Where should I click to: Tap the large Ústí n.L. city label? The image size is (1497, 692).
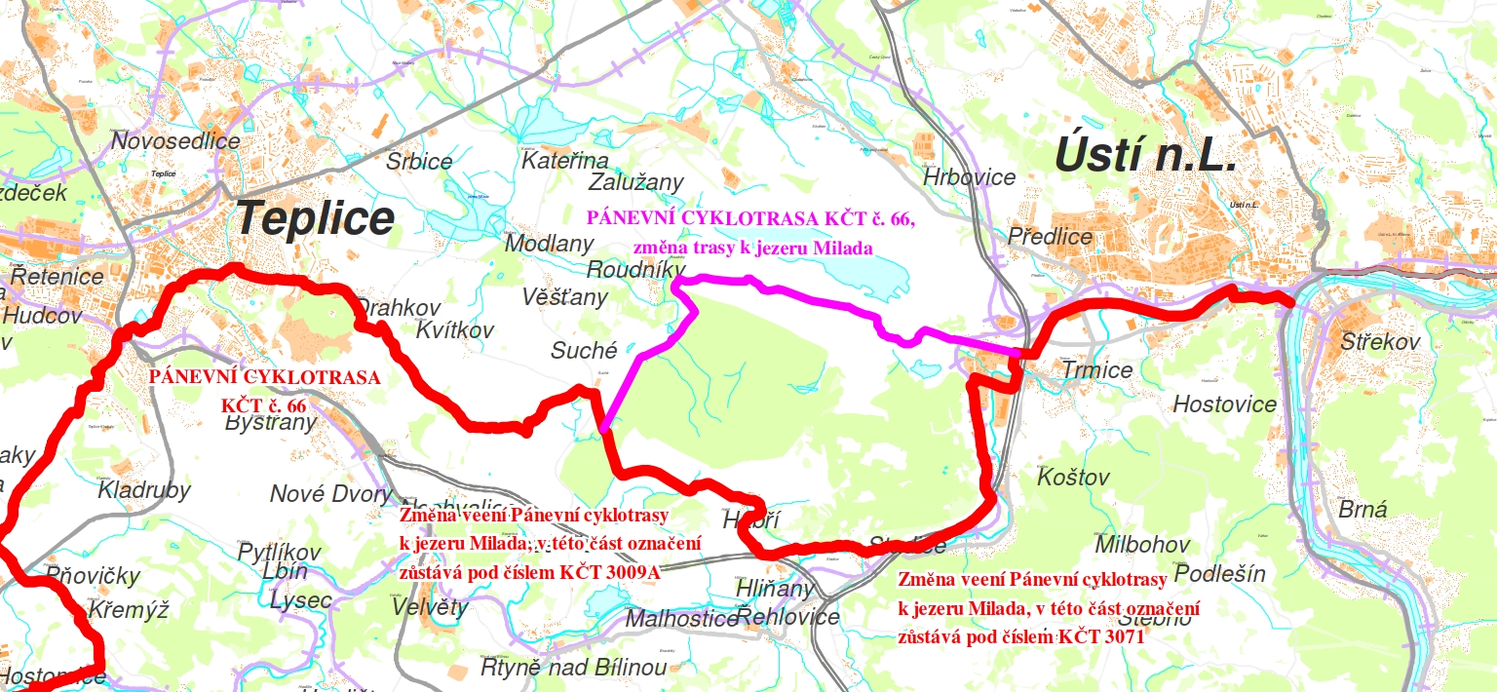point(1146,156)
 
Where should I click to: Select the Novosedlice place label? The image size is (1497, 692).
point(175,141)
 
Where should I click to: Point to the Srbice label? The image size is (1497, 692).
point(419,162)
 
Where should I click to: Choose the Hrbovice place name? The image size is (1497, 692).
point(969,178)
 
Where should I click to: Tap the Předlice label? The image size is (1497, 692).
point(1050,237)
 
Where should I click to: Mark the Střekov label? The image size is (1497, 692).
point(1380,342)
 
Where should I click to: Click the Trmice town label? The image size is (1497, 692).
point(1097,370)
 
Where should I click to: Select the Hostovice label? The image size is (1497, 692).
point(1224,404)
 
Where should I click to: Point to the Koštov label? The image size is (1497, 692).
point(1073,478)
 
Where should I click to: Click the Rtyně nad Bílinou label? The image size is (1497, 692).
point(574,668)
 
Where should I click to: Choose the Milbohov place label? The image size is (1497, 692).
point(1142,544)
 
